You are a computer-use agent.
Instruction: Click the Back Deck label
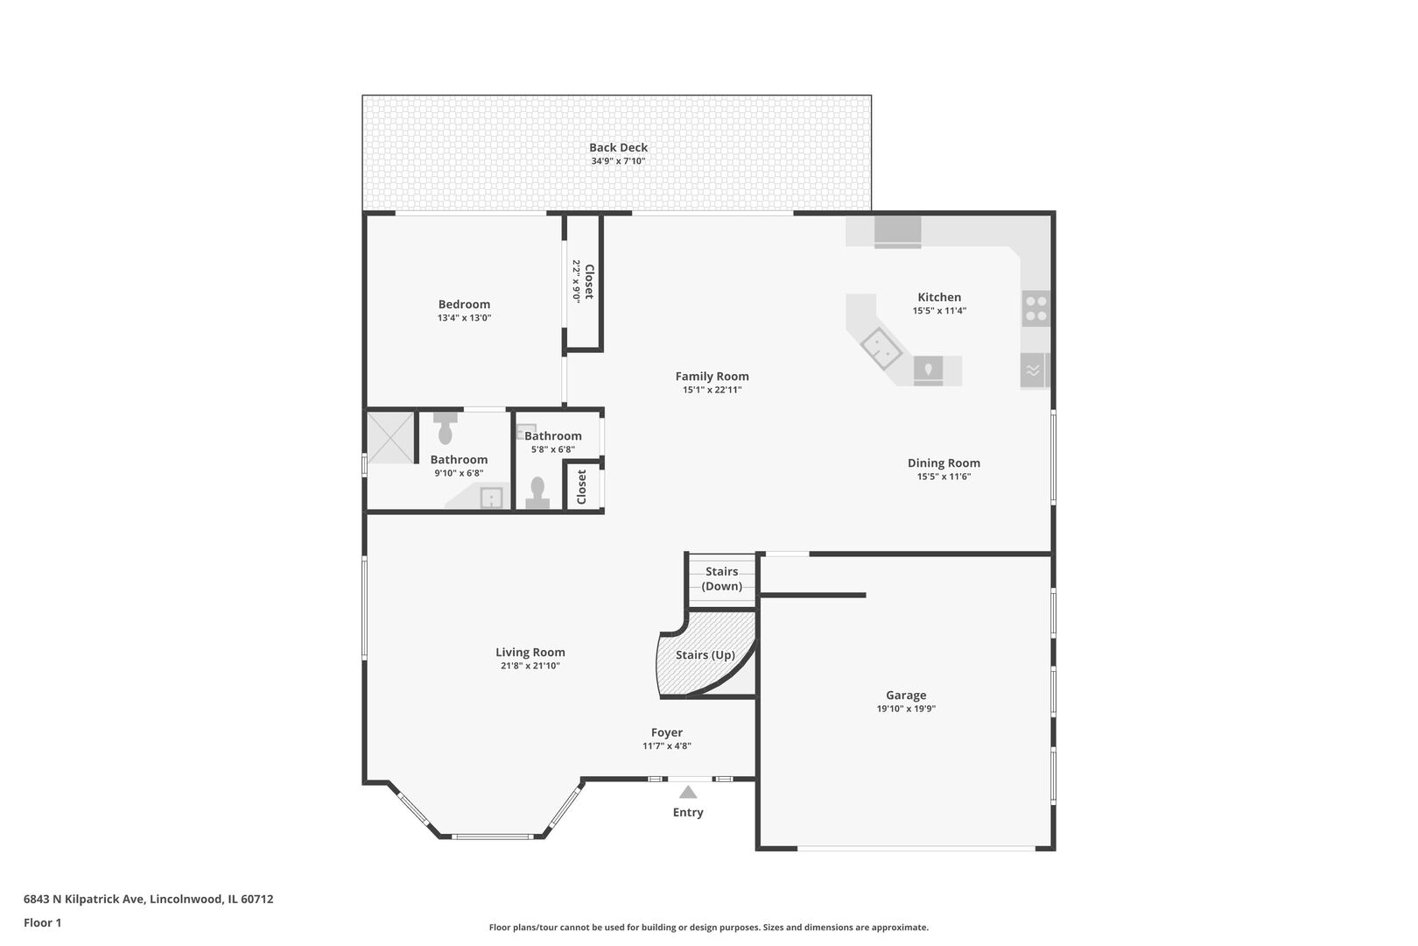click(x=618, y=148)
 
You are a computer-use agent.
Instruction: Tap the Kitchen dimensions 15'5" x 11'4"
click(x=939, y=310)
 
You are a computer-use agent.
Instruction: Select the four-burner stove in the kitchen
click(x=1035, y=308)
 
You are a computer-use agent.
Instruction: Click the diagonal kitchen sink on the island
click(x=881, y=348)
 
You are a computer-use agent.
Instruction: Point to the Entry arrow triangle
click(x=688, y=792)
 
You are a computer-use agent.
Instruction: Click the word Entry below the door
click(x=688, y=812)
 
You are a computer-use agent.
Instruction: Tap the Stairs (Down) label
click(x=721, y=578)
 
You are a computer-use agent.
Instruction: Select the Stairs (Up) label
click(x=705, y=654)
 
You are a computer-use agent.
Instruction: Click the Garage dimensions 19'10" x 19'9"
click(x=906, y=709)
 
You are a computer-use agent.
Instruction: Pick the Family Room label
click(x=713, y=377)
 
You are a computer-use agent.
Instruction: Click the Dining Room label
click(x=944, y=463)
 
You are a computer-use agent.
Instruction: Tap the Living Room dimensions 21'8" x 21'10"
click(x=530, y=666)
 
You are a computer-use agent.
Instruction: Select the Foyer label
click(x=667, y=732)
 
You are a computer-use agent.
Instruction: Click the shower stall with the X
click(x=390, y=438)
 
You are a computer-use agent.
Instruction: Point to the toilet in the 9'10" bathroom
click(x=446, y=428)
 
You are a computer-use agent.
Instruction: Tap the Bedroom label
click(x=464, y=304)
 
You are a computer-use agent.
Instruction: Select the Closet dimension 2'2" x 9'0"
click(x=577, y=281)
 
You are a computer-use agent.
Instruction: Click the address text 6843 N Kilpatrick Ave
click(x=84, y=899)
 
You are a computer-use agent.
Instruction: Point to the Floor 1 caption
click(x=42, y=922)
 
